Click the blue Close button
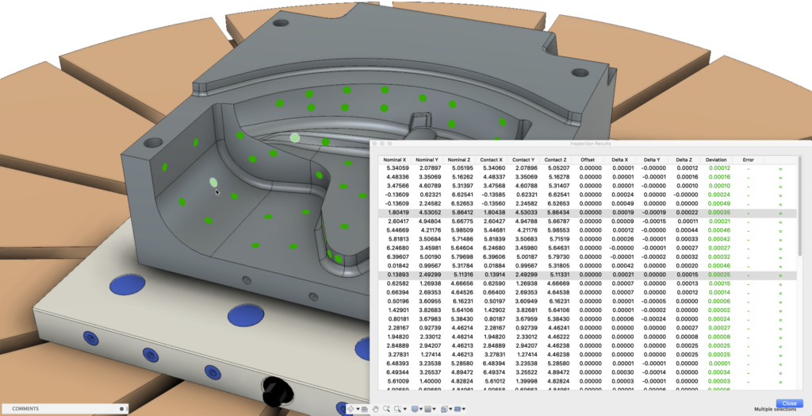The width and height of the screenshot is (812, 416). [787, 403]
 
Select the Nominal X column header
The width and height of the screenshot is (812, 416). [395, 160]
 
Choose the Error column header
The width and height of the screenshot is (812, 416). [748, 160]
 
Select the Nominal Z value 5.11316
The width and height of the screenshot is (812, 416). [460, 274]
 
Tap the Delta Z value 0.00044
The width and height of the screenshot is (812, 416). [687, 230]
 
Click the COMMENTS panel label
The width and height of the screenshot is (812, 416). [26, 409]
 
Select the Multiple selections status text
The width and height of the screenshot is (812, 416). [774, 410]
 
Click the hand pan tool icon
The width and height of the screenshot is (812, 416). [375, 409]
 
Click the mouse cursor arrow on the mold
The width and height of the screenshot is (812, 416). [217, 191]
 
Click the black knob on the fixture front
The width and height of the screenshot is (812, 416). [278, 390]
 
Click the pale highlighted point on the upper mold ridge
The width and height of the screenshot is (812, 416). [295, 137]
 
